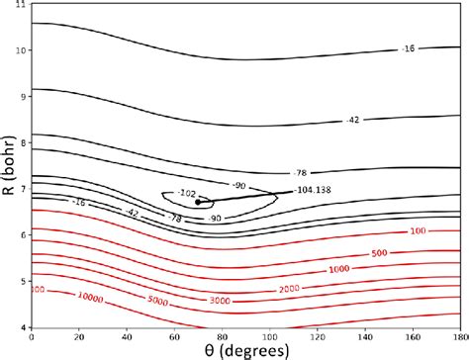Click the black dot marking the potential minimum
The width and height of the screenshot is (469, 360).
[x=199, y=202]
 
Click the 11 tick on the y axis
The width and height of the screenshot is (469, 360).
[x=22, y=7]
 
